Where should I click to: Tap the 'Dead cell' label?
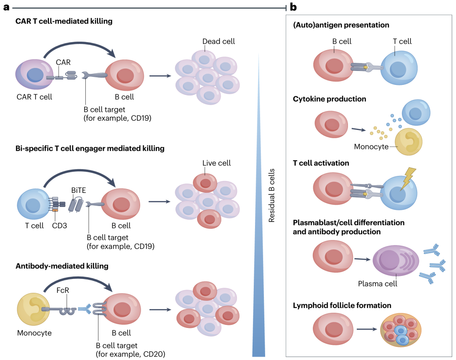[x=218, y=41]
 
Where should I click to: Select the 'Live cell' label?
[x=217, y=163]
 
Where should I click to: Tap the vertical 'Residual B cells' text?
[x=272, y=195]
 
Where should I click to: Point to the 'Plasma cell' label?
[x=378, y=284]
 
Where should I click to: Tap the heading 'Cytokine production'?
[x=329, y=99]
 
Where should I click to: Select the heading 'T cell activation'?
[x=321, y=162]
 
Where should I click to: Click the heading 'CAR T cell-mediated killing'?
[x=64, y=21]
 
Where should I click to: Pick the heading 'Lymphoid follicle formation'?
[x=342, y=305]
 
